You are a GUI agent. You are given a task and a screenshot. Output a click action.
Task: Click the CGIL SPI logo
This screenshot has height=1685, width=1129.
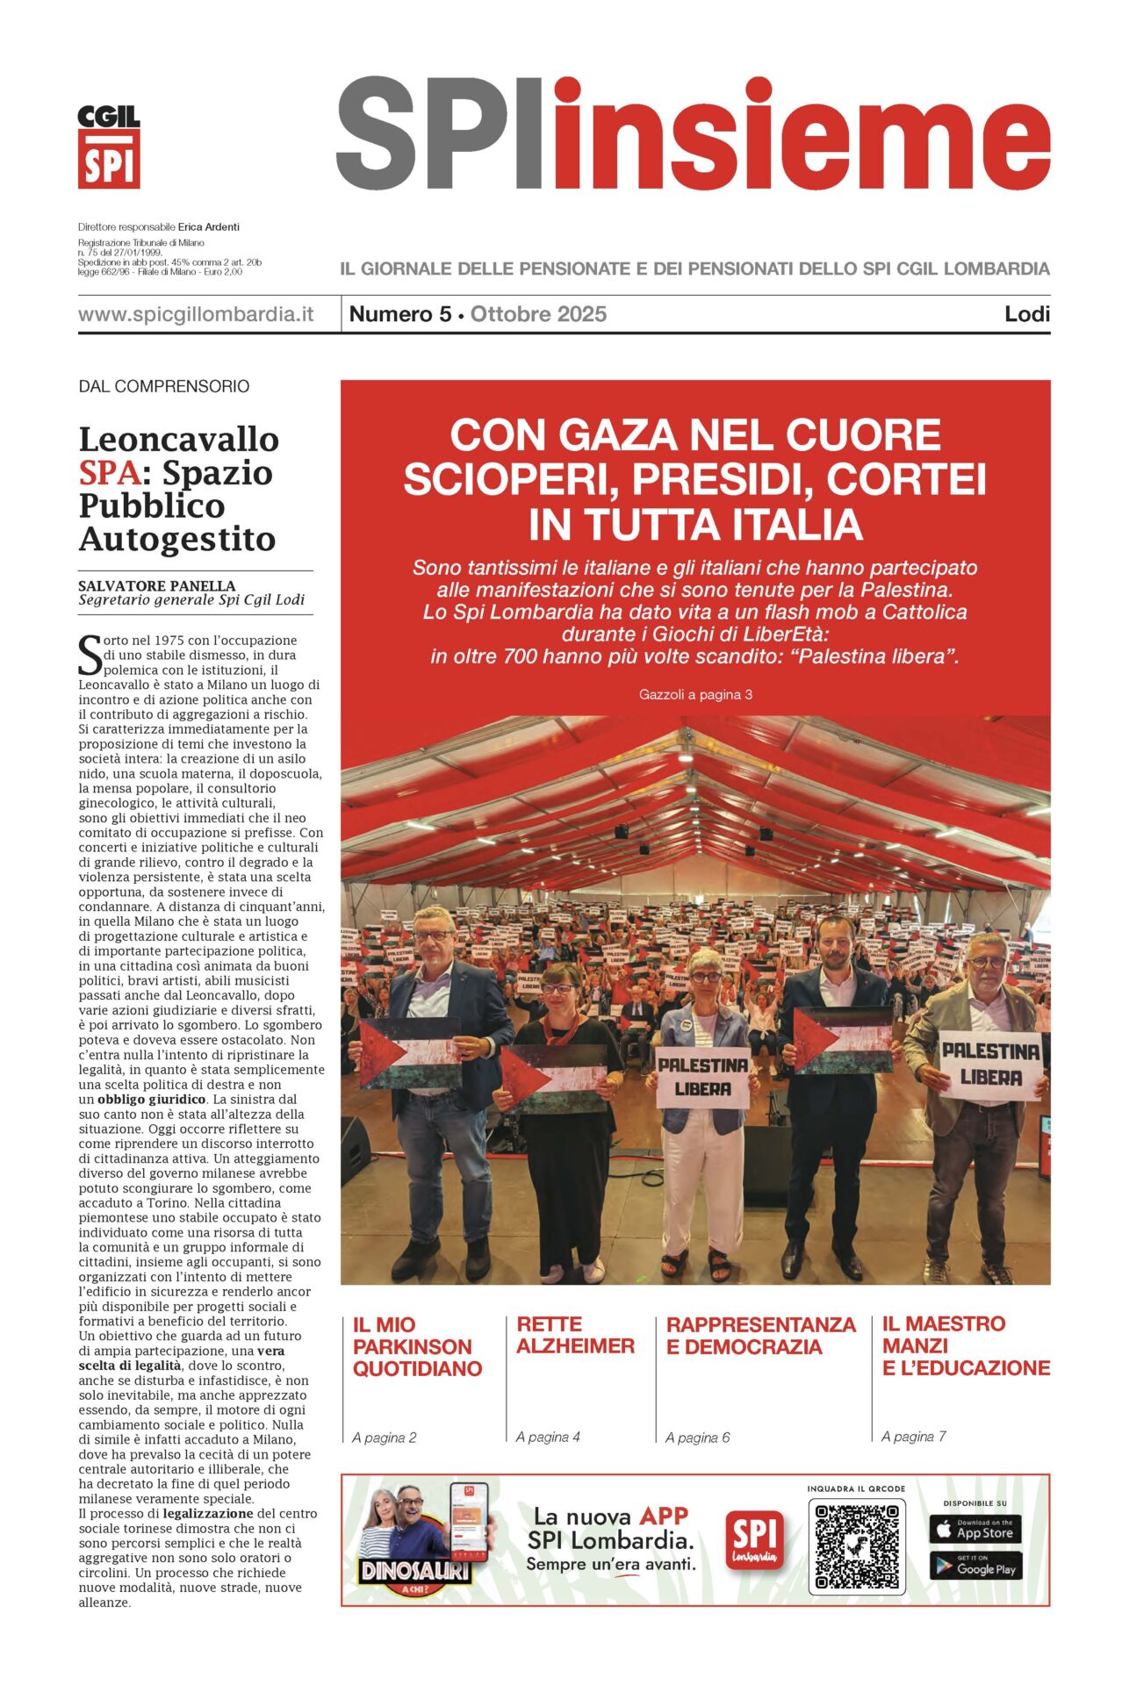click(x=109, y=147)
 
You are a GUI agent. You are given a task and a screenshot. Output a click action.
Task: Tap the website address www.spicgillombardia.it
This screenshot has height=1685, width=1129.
click(x=196, y=314)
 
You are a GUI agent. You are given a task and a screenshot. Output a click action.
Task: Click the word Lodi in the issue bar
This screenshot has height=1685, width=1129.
click(x=1027, y=314)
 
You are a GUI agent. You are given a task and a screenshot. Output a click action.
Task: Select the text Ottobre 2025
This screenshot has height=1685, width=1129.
click(x=538, y=314)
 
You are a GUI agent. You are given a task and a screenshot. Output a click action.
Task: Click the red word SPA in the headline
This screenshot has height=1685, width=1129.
click(x=110, y=473)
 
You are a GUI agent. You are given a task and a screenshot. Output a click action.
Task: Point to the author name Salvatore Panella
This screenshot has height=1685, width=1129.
click(x=157, y=585)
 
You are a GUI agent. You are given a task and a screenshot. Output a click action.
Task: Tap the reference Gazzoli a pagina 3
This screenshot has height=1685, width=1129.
click(x=695, y=694)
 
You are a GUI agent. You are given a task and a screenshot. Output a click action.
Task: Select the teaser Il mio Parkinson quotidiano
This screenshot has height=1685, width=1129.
click(x=417, y=1346)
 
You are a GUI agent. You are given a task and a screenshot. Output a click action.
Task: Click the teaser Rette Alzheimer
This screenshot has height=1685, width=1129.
click(x=575, y=1335)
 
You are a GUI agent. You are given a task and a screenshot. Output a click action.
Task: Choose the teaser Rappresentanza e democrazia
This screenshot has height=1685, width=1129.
click(x=760, y=1336)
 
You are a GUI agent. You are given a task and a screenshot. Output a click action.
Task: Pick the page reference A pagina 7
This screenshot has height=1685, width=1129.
click(x=913, y=1437)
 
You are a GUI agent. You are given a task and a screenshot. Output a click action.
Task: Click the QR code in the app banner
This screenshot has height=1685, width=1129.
click(x=856, y=1547)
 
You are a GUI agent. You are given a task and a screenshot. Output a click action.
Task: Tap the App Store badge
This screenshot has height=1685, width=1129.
click(x=974, y=1529)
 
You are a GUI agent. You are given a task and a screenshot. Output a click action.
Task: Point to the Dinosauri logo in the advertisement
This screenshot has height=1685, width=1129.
click(x=414, y=1572)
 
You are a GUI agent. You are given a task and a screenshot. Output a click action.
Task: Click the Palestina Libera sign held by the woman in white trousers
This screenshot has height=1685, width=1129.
click(x=703, y=1077)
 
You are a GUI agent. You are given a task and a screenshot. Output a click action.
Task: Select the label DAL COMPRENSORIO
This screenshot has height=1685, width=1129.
click(x=164, y=386)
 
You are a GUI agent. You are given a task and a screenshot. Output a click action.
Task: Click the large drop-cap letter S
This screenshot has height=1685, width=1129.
click(x=90, y=656)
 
